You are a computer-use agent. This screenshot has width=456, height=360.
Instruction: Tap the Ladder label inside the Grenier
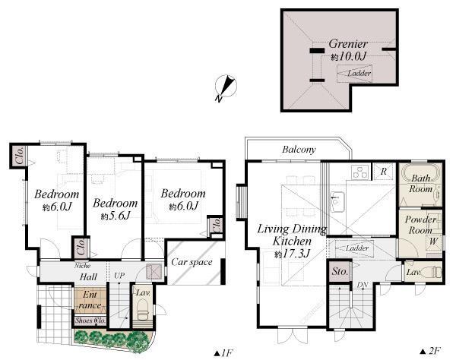tap(359, 74)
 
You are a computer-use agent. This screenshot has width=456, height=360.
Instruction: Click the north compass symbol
tap(223, 89)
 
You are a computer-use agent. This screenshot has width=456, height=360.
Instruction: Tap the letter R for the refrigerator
tap(384, 172)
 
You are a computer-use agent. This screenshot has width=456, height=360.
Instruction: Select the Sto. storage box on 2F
tap(337, 270)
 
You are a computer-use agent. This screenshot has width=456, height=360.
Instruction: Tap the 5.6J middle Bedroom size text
tap(115, 216)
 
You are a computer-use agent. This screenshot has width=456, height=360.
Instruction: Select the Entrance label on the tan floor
tap(90, 299)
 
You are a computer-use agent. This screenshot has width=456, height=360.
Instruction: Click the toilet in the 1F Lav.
tap(142, 312)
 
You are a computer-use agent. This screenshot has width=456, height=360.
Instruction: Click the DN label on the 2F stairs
tap(363, 285)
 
